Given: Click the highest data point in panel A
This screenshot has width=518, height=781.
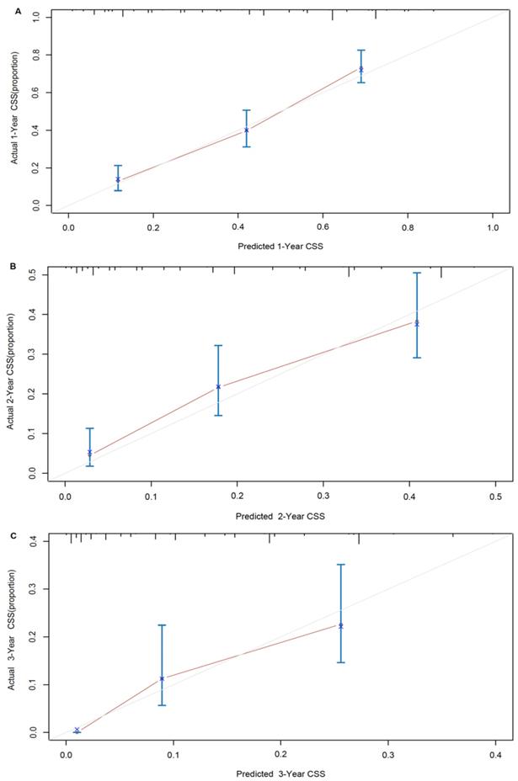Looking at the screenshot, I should pos(361,69).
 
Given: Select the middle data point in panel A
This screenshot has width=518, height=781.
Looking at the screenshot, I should pos(247,130).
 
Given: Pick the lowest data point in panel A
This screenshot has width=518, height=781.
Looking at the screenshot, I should pos(118,179).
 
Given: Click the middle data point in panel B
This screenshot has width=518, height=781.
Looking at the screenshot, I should pos(218,386).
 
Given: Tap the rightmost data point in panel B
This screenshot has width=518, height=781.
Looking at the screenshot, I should pos(416,322).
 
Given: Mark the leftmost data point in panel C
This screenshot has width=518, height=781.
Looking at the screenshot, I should pos(77,730).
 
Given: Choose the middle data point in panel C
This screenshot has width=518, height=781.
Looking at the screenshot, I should pos(162,678).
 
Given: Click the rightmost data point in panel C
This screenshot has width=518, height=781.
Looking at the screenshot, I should pos(341,625).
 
